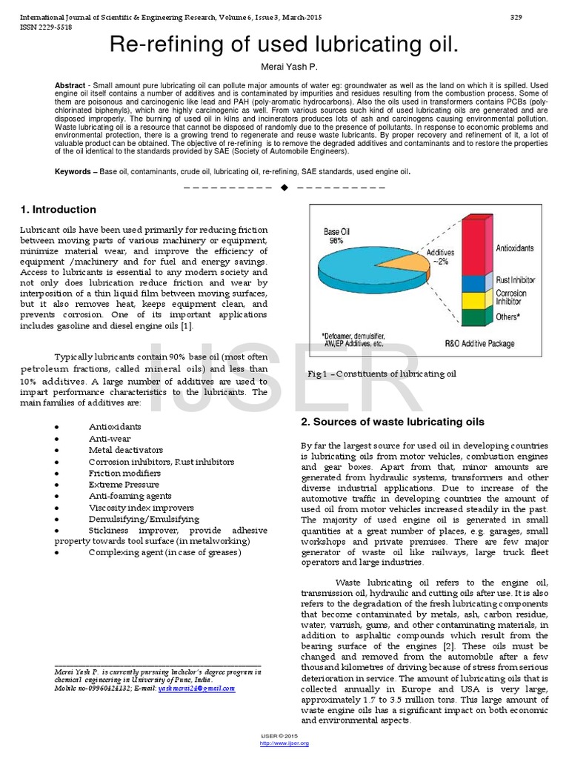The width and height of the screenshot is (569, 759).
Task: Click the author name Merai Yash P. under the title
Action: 284,67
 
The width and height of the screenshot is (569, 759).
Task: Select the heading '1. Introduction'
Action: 59,210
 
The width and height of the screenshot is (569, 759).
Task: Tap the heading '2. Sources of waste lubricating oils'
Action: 392,422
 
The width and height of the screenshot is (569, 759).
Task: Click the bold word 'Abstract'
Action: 70,86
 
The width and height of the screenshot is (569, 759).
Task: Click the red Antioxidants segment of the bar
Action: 474,245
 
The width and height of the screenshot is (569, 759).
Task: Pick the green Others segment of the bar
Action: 474,317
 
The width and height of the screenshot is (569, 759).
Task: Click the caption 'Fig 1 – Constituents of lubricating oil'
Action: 382,374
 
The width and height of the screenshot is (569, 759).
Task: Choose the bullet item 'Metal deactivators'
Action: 124,450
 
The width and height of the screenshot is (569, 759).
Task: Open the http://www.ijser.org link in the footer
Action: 284,743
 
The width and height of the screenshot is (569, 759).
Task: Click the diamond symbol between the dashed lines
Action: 284,188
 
